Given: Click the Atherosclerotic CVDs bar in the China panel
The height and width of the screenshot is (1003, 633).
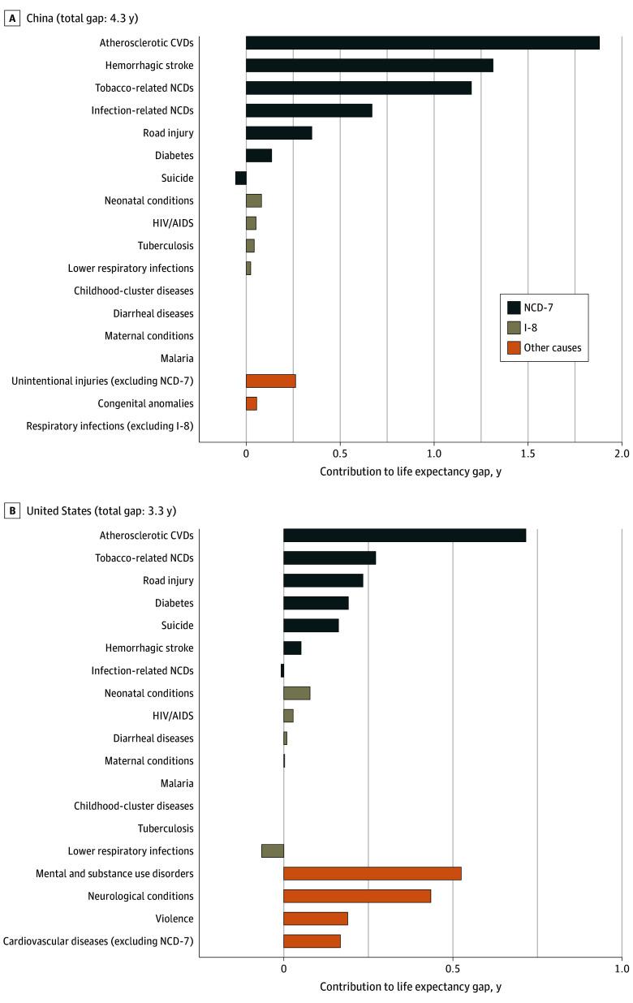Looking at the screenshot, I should point(422,43).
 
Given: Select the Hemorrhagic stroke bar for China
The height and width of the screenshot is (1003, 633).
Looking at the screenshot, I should point(369,66).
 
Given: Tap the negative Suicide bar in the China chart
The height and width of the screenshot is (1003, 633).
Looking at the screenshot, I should point(240,178).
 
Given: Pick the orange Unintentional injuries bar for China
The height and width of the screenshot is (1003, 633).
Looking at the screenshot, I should point(270,381).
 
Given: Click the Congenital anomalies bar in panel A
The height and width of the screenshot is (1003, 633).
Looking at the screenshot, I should point(252,403).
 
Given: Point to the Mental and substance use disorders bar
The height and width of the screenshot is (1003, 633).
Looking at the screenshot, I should point(372,873).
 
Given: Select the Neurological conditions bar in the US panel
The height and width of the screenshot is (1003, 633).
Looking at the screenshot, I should point(356,896).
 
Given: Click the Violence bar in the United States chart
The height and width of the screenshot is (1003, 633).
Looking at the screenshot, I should point(315,919).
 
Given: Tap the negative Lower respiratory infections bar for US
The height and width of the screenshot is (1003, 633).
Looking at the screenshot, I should point(273,850).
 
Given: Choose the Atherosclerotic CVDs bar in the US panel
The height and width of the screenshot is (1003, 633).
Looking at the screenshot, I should point(404,535).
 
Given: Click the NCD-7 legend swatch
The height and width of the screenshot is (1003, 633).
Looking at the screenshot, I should point(514,307).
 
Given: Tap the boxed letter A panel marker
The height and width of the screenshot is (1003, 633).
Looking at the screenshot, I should point(11,18).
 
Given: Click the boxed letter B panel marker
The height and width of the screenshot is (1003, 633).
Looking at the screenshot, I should point(11,510).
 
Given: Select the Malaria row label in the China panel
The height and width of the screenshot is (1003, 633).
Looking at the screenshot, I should point(177,358).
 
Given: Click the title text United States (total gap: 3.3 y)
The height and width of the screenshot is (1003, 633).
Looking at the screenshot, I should point(101,510).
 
